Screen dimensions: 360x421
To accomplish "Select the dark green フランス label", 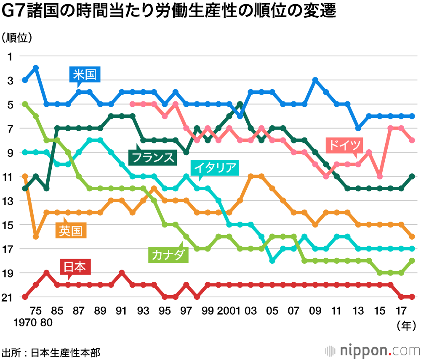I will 152,157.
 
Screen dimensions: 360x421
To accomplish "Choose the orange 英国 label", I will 71,230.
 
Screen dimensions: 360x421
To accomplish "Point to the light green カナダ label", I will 167,254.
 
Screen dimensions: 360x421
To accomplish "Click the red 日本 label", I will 75,267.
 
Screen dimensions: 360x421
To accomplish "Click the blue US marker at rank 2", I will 36,68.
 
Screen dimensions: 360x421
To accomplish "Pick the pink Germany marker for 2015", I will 380,176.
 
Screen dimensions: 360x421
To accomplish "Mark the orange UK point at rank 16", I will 36,237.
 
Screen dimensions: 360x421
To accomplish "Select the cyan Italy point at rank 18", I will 272,261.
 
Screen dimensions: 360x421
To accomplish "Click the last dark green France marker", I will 412,176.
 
